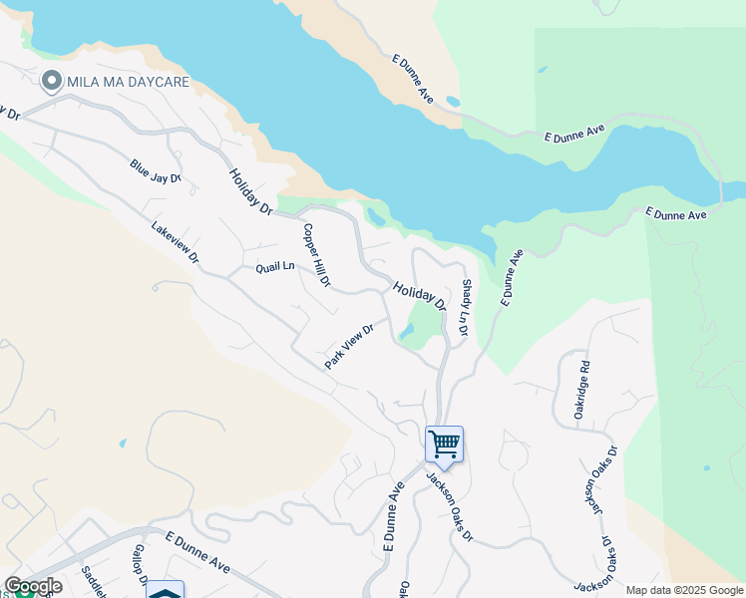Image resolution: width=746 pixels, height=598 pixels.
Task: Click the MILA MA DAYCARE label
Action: (x=128, y=81)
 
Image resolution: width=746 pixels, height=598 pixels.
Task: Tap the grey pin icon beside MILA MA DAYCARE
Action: (x=50, y=81)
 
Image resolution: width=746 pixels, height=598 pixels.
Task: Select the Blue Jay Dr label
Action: (x=155, y=171)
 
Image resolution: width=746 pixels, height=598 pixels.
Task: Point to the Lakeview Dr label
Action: (x=176, y=243)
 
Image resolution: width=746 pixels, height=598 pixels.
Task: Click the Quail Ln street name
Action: (x=275, y=267)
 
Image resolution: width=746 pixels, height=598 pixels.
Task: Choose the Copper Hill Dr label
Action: (x=316, y=255)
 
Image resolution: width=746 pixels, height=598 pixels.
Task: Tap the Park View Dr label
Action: (x=349, y=346)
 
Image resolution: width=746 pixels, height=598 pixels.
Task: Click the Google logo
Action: (x=32, y=586)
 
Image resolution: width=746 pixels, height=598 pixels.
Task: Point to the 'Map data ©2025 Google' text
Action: (x=684, y=590)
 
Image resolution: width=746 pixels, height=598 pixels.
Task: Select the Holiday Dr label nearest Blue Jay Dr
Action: (x=250, y=191)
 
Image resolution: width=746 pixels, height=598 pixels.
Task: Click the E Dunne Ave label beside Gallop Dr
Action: (x=197, y=553)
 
